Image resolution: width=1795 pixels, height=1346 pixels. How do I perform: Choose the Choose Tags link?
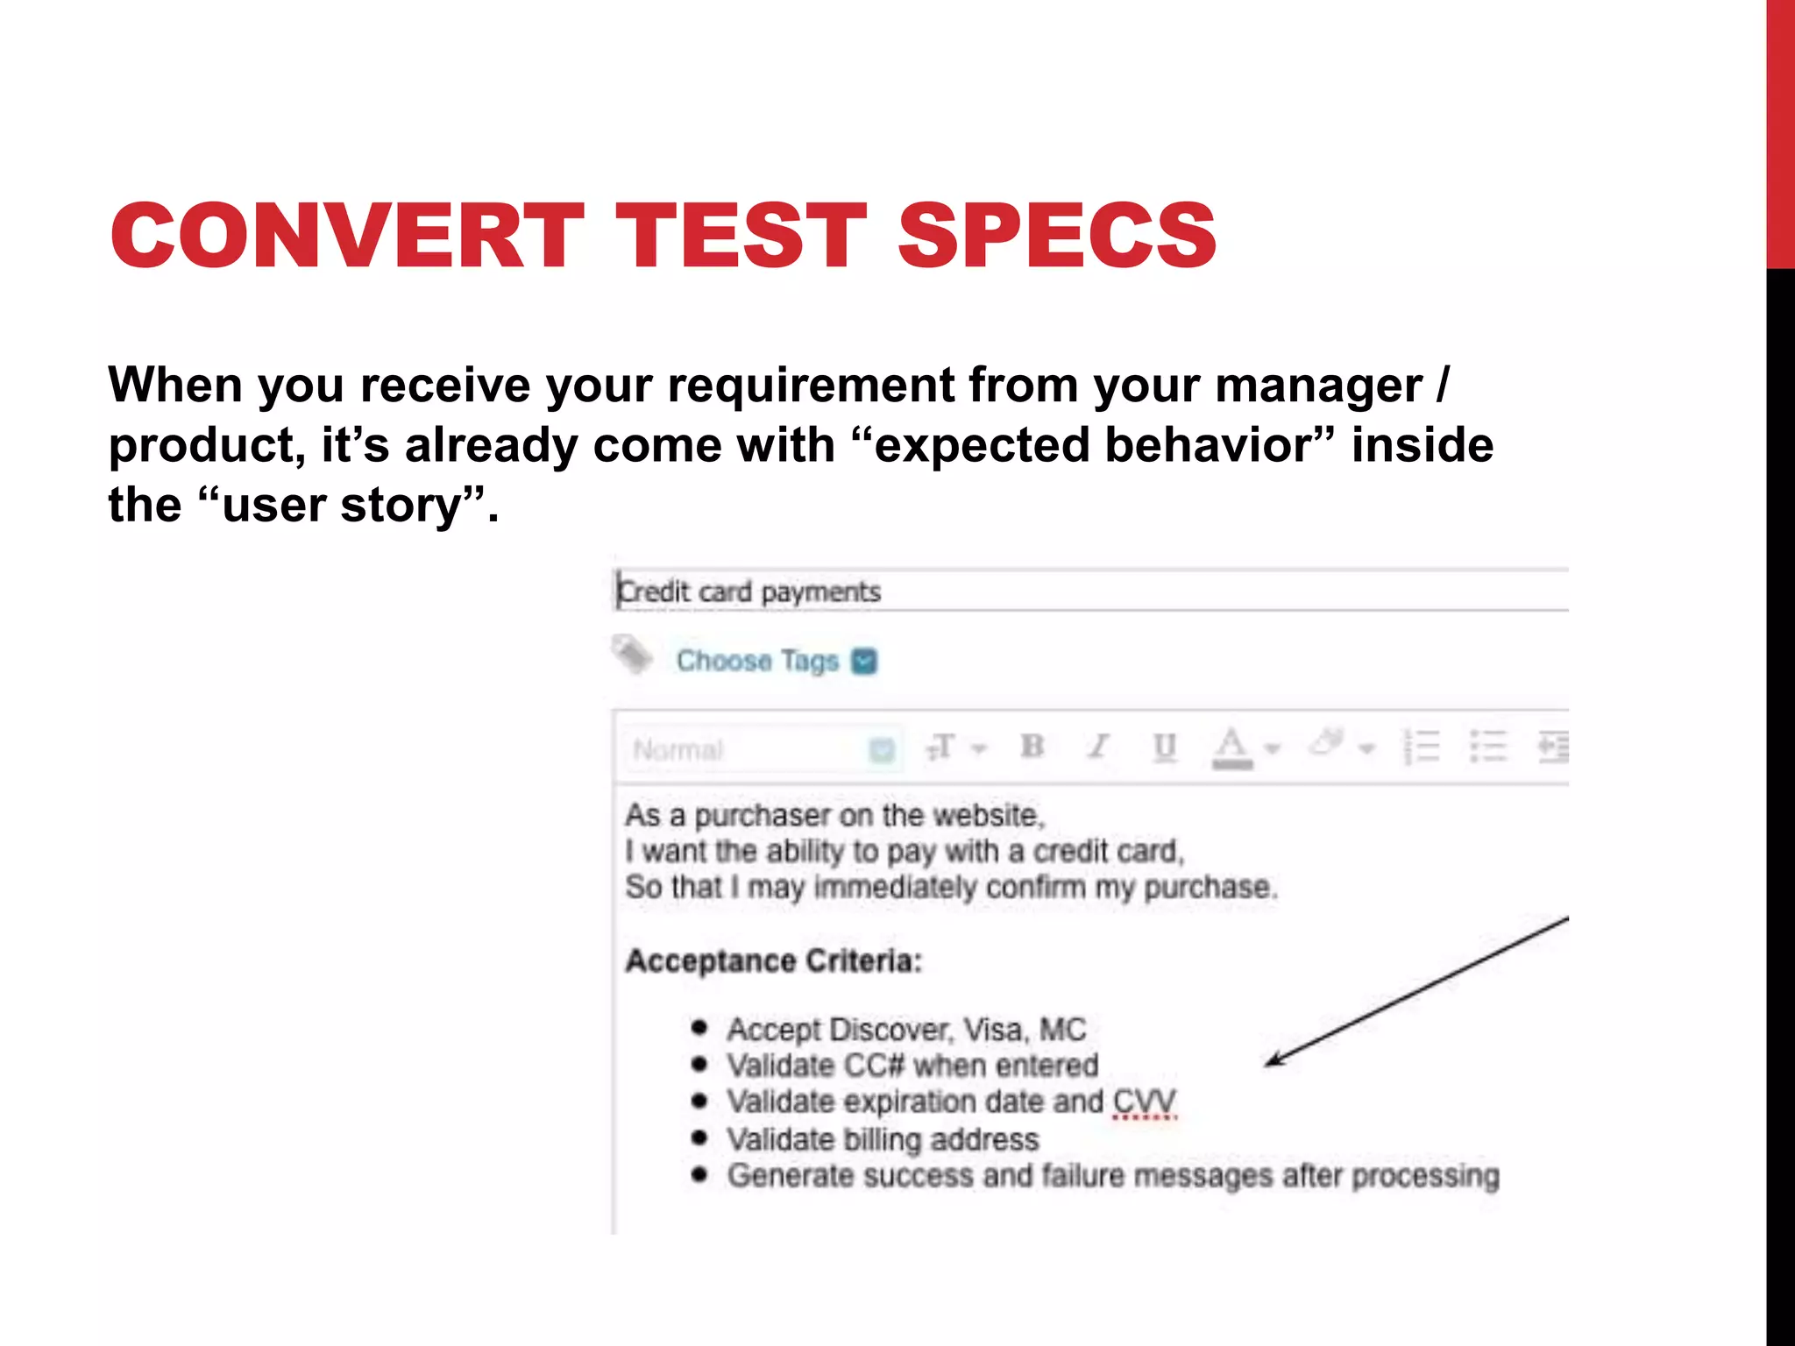(x=757, y=661)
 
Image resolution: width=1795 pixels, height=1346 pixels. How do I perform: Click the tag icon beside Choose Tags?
(x=632, y=655)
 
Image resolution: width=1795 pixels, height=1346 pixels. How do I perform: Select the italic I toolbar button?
(x=1098, y=747)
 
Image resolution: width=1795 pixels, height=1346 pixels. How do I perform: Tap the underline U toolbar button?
(x=1164, y=747)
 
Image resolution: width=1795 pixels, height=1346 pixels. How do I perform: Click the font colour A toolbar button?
(x=1231, y=747)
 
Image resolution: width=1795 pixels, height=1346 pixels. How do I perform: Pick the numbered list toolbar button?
(x=1422, y=747)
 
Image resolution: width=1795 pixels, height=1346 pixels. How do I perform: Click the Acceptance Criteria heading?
(x=773, y=961)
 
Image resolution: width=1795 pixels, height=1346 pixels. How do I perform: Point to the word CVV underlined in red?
(x=1144, y=1102)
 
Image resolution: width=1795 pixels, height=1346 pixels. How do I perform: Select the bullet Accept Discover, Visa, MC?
(x=906, y=1030)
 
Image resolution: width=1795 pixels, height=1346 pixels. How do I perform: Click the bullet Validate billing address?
(x=883, y=1139)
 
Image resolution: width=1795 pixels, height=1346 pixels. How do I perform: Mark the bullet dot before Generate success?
(x=699, y=1175)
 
